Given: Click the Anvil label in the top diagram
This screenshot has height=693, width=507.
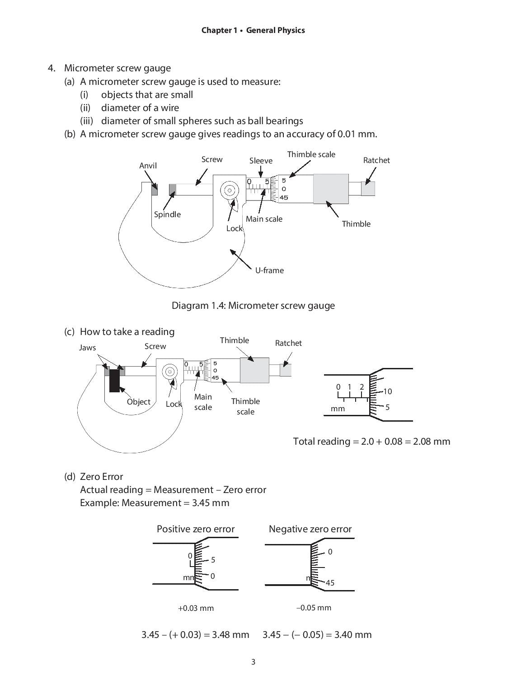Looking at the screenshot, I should [148, 166].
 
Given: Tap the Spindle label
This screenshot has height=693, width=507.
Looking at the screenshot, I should [167, 214].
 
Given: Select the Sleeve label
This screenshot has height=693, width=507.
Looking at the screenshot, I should [261, 161].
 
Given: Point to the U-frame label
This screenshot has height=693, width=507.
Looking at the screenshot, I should [269, 270].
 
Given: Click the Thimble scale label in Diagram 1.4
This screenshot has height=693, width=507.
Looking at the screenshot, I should [311, 154].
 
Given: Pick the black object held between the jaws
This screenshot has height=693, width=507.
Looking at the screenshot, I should [114, 380].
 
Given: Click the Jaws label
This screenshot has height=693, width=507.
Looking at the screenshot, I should [87, 348].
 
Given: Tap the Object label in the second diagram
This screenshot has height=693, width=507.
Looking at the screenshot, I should [138, 402].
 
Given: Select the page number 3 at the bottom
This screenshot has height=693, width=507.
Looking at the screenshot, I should [253, 662].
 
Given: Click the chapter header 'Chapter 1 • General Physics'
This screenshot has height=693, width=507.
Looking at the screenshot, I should [253, 30].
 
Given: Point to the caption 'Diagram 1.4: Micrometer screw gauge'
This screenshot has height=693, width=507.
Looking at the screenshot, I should [253, 306].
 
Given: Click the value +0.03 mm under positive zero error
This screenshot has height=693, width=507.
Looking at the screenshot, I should [196, 608].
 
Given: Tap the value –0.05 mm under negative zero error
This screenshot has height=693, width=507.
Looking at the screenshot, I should [314, 608].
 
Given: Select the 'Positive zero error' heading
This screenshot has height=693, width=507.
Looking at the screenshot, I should [196, 529].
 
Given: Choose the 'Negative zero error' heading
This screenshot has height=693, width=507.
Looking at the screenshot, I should [310, 529].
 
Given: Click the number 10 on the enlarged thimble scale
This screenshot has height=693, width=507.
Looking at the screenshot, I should [387, 391].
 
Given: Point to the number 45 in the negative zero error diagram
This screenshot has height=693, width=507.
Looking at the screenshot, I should [330, 583].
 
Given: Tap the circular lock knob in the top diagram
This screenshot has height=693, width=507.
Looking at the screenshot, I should [229, 191].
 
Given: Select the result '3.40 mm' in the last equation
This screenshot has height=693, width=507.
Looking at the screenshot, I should [352, 635].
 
